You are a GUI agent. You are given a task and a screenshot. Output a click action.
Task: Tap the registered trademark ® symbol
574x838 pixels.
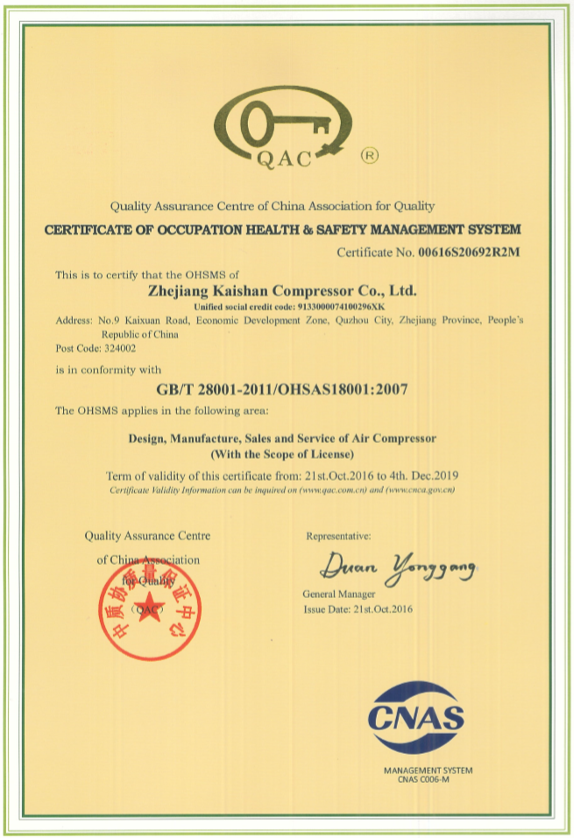pyautogui.click(x=370, y=155)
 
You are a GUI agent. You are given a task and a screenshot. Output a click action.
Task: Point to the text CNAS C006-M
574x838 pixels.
pyautogui.click(x=425, y=779)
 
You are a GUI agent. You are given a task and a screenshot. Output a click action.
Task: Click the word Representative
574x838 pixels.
pyautogui.click(x=337, y=535)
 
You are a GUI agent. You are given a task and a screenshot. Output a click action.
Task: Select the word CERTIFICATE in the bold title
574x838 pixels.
pyautogui.click(x=87, y=229)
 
